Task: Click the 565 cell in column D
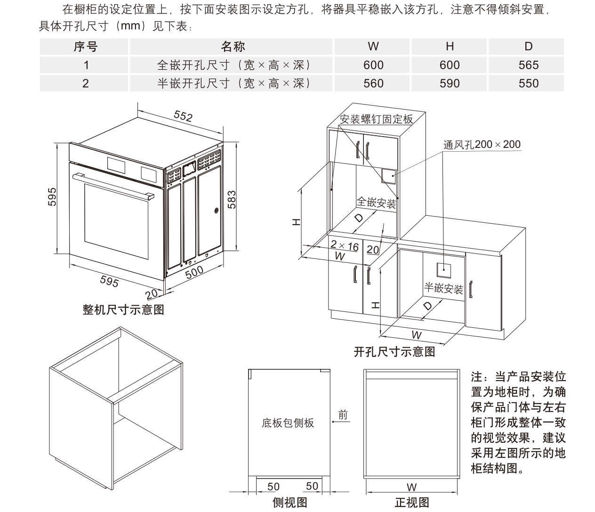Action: coord(528,65)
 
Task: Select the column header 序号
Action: coord(85,47)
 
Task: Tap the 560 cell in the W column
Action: coord(373,83)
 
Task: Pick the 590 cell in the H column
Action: coord(449,83)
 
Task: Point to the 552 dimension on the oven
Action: coord(183,116)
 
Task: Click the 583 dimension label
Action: coord(232,199)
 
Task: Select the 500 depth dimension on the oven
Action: coord(194,272)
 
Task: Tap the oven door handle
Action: coord(113,186)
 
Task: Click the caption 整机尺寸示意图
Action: coord(123,309)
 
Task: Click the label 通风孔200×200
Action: coord(482,145)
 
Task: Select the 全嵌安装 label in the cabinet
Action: coord(376,203)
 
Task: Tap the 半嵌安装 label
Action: coord(443,288)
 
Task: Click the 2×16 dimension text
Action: coord(344,246)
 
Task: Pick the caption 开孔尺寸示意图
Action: coord(394,351)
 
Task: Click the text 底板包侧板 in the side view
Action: coord(288,423)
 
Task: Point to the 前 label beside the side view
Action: coord(343,414)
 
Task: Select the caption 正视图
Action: coord(411,503)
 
